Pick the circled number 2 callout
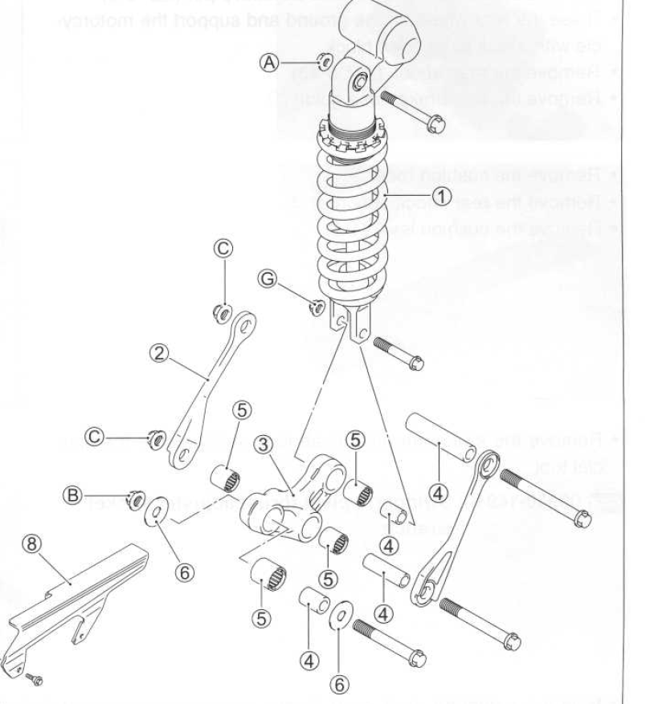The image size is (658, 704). click(x=161, y=352)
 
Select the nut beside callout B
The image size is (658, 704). click(x=133, y=498)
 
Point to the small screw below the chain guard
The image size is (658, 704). click(x=34, y=679)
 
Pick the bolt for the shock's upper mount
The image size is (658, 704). click(x=414, y=113)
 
